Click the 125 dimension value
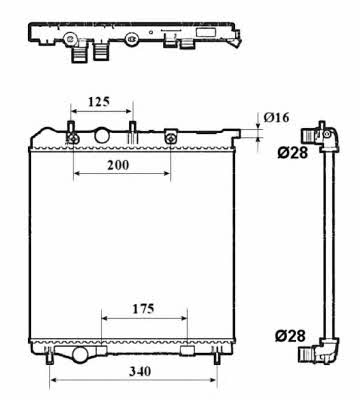99,101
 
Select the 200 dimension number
118,165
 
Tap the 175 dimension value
143,309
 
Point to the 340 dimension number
140,371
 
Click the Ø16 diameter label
277,117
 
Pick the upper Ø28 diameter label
292,153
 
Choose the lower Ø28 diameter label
290,336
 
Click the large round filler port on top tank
102,135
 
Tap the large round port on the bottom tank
80,355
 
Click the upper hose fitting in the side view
320,135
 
